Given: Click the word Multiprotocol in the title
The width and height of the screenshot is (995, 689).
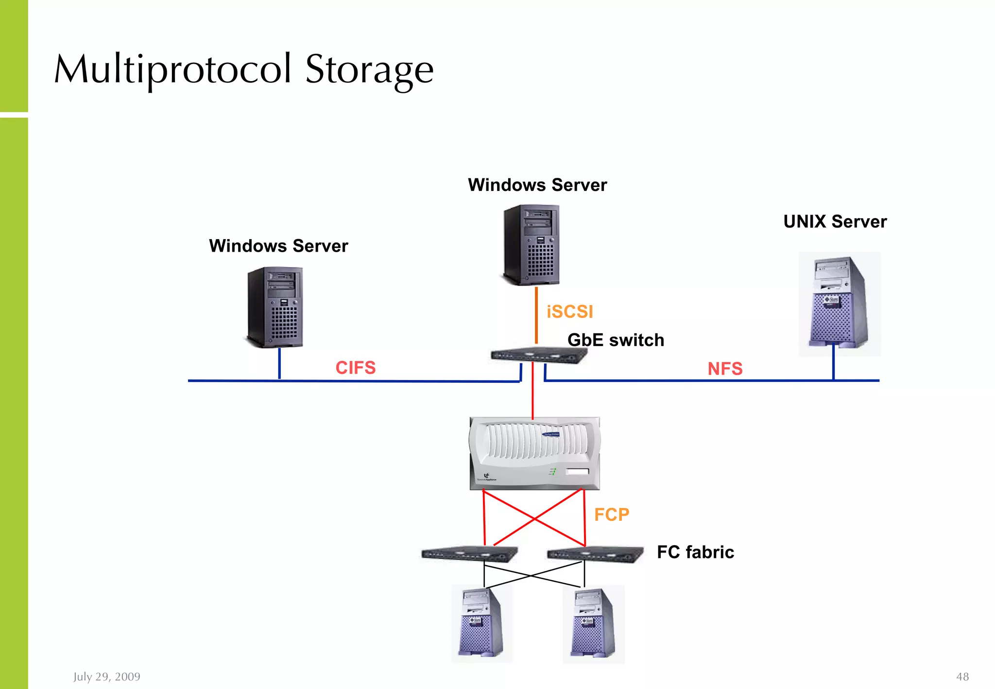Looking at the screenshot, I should (172, 69).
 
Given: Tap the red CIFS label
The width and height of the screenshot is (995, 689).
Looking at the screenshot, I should (356, 368).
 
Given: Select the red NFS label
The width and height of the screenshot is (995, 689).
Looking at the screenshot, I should (725, 369).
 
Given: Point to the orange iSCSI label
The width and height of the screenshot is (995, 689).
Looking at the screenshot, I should (570, 311).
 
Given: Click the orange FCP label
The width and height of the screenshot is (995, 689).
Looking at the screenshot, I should (612, 515).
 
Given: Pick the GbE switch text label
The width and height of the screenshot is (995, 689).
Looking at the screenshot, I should (616, 340).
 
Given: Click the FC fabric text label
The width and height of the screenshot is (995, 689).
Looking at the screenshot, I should (695, 552).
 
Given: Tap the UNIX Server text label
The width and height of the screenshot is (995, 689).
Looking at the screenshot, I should (835, 222).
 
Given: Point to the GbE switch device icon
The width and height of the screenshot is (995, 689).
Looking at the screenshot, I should (538, 355).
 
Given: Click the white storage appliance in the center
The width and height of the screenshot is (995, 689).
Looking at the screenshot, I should (534, 453).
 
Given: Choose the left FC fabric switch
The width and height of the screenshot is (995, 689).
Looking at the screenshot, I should (469, 554).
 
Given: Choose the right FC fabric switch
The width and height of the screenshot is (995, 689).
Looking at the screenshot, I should (595, 554).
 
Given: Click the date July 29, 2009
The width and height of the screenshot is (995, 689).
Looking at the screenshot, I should (107, 677).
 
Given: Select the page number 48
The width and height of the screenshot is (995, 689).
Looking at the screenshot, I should (962, 677).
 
